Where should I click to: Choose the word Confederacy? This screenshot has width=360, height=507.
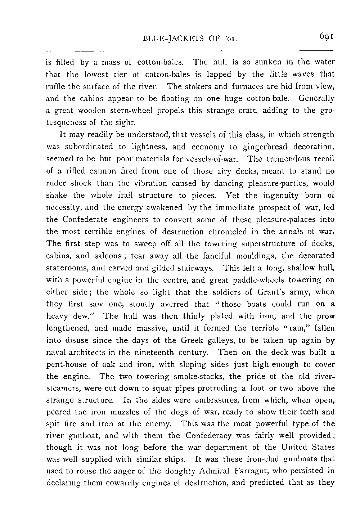pos(209,436)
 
